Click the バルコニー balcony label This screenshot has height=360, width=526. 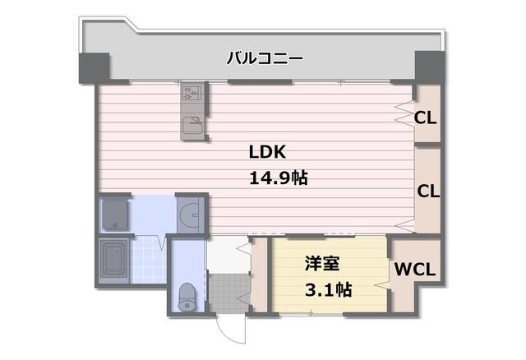(265, 58)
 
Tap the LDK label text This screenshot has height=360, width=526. (267, 152)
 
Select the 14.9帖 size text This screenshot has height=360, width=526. (279, 178)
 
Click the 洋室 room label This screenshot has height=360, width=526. (322, 263)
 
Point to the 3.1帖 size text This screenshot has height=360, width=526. (329, 289)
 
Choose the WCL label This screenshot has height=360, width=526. (414, 269)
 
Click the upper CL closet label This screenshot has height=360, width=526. (425, 118)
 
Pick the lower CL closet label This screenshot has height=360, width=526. (428, 192)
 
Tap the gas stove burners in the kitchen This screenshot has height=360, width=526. (191, 92)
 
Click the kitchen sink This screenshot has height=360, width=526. (192, 126)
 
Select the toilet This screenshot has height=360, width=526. (187, 296)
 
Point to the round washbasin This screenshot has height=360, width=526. (189, 214)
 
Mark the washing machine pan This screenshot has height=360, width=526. (115, 214)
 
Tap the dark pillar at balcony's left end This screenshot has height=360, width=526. (95, 67)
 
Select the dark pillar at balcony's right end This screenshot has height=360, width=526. (430, 67)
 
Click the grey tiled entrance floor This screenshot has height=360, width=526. (229, 293)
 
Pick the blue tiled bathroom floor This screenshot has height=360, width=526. (148, 260)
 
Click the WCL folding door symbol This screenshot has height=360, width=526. (382, 285)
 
